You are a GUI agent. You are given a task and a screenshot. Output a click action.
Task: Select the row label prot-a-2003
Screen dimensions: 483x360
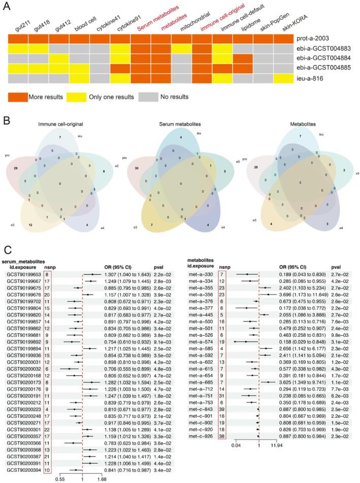(317, 39)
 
